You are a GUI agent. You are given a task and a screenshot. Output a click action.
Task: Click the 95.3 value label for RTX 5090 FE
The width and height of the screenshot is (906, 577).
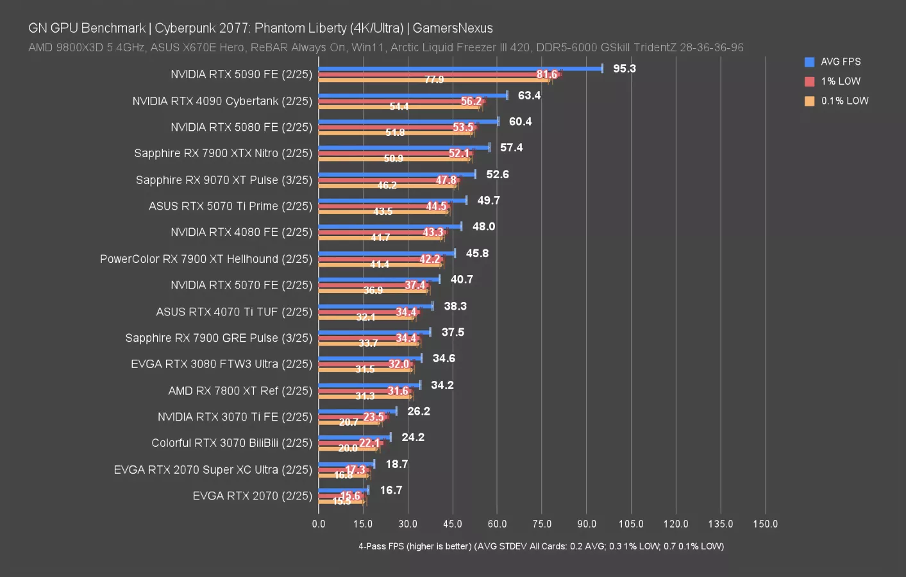tap(624, 69)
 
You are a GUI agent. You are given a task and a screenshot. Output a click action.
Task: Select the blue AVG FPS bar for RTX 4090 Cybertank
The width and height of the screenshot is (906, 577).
tap(412, 96)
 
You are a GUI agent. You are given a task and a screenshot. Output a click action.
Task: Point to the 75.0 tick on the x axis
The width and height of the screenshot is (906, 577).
tap(542, 524)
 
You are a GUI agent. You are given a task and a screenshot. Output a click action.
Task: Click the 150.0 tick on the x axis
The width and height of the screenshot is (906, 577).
tap(765, 524)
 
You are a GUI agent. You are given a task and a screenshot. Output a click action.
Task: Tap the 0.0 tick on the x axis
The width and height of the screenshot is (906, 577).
tap(319, 524)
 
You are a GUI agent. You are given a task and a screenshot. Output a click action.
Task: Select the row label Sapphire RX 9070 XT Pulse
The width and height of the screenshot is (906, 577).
tap(224, 180)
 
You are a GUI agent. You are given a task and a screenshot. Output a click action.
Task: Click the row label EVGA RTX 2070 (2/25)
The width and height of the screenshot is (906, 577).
tap(252, 496)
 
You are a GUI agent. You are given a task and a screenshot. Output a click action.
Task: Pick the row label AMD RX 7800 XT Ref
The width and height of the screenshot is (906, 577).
tap(240, 390)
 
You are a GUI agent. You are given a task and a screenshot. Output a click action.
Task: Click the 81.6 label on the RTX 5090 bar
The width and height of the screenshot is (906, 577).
tap(547, 74)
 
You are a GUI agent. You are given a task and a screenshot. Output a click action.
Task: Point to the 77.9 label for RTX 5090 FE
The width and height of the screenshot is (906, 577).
tap(434, 79)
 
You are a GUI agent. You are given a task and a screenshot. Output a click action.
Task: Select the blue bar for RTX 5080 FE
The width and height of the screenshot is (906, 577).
tap(408, 121)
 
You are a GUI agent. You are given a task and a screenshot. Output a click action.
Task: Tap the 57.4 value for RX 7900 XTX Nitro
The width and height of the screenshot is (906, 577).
tap(511, 147)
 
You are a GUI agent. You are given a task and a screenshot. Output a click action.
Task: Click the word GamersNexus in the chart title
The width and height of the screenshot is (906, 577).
tap(453, 28)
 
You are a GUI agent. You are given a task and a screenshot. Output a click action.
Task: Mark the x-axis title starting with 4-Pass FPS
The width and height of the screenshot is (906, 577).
tap(541, 546)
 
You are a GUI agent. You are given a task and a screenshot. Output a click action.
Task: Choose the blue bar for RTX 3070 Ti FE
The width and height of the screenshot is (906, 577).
tap(357, 411)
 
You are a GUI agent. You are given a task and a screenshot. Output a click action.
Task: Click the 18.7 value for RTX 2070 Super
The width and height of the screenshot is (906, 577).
tap(396, 464)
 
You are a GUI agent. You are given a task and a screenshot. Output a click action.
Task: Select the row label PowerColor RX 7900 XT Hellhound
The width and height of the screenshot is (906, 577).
tap(206, 259)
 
